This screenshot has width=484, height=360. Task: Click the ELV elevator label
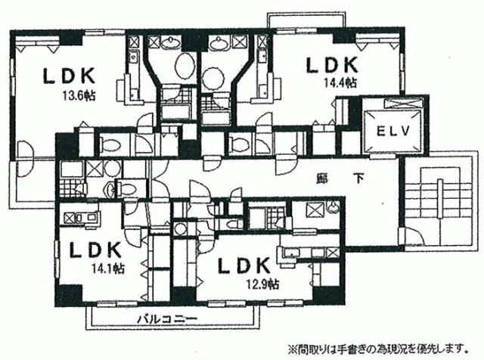pos(392,131)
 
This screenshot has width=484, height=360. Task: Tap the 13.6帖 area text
pos(79,96)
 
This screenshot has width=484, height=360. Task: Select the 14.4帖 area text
pos(340,82)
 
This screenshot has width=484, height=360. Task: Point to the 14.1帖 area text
pos(107,268)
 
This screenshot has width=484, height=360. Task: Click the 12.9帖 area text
pos(262,284)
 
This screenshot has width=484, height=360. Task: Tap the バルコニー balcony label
pos(167,318)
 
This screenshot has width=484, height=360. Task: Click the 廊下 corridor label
pos(340,178)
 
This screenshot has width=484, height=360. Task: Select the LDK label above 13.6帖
pos(69,76)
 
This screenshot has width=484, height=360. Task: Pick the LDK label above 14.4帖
pos(332,65)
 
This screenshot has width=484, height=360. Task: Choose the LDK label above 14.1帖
pos(95,250)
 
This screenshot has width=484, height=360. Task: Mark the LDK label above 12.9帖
pos(244,265)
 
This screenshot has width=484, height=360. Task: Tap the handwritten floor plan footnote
pos(377,349)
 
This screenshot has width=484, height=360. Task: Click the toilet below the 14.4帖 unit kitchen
pos(240,144)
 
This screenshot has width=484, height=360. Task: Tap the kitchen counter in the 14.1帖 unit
pos(82,219)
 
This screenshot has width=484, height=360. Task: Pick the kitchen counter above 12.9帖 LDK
pos(309,253)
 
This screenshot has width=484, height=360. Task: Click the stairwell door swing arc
pos(414,236)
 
